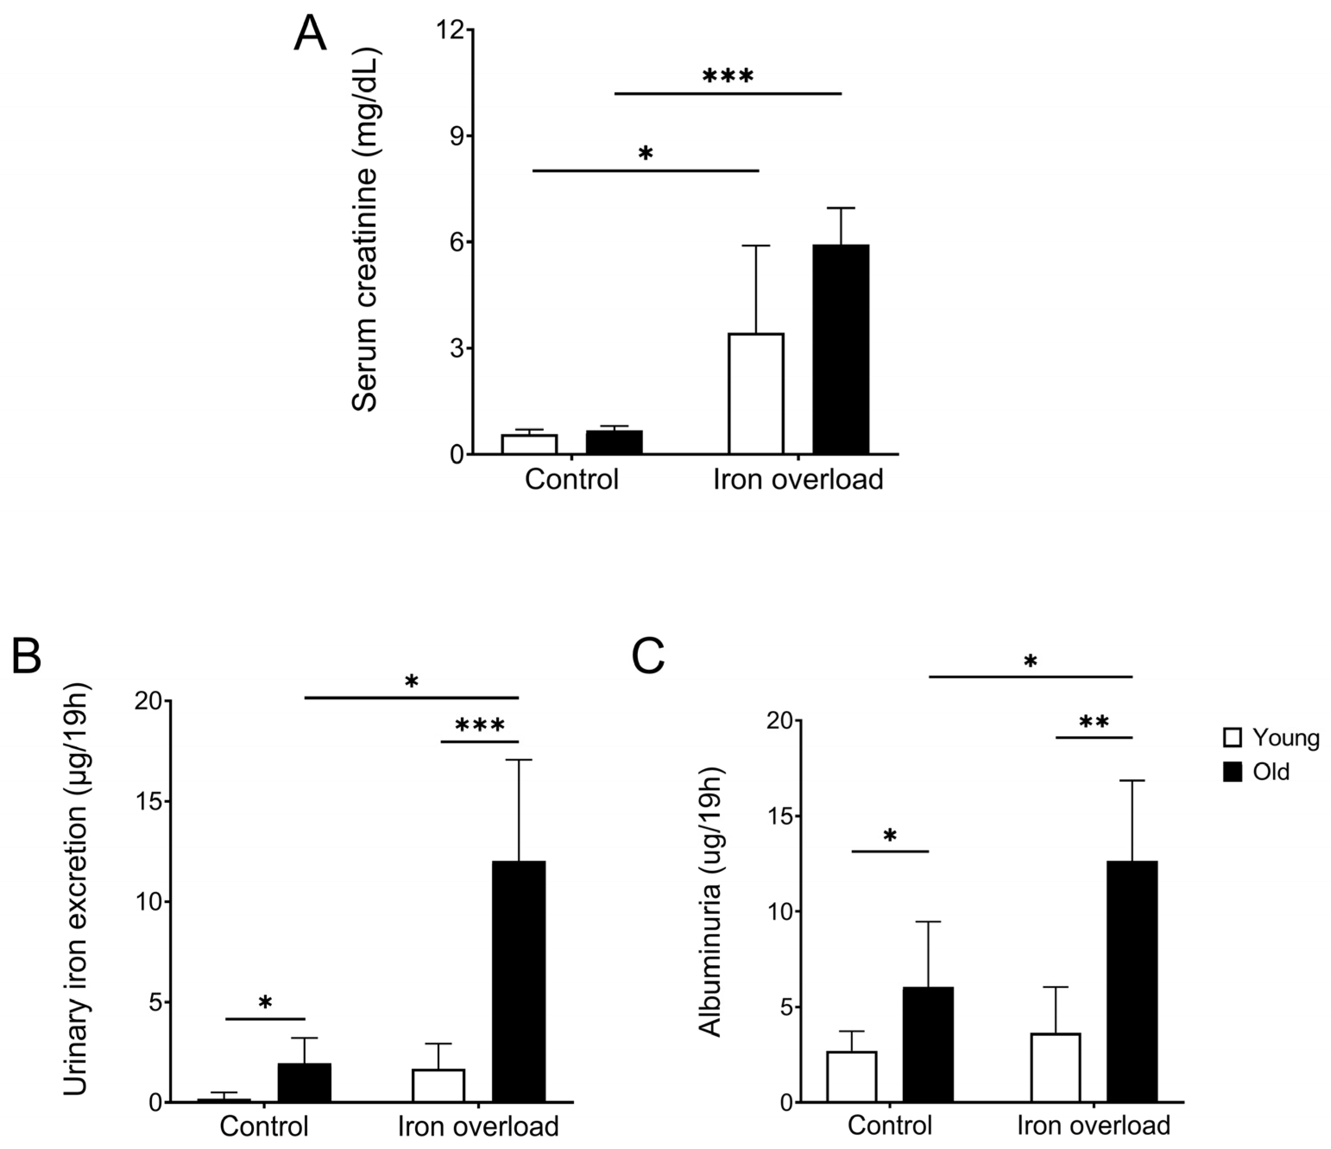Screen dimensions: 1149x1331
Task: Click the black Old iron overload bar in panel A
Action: click(x=840, y=350)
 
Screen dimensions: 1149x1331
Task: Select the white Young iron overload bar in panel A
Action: click(x=756, y=394)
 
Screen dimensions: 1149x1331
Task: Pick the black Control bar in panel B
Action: click(x=305, y=1083)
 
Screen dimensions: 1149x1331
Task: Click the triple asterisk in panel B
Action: click(x=480, y=726)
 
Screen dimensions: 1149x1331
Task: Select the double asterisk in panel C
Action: click(x=1094, y=722)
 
